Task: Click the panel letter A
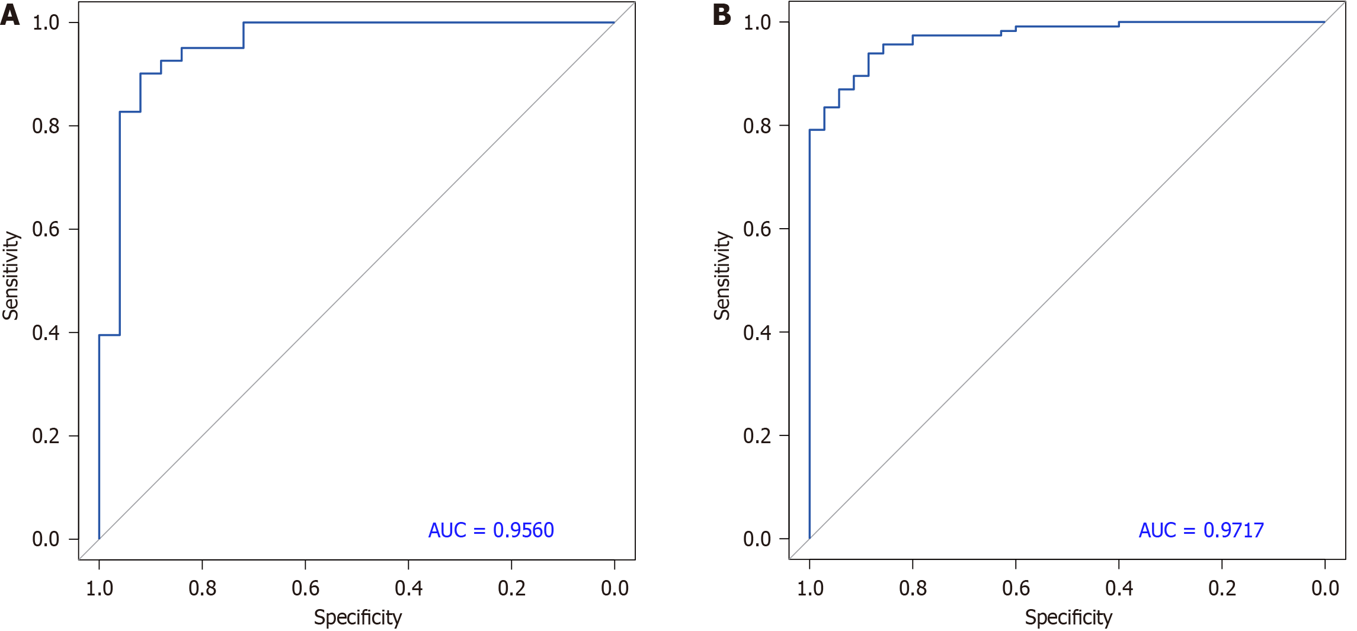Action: click(10, 14)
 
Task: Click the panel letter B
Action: click(722, 14)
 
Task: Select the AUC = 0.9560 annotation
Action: click(491, 530)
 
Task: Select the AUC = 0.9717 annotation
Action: click(1201, 530)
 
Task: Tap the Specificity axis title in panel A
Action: click(357, 617)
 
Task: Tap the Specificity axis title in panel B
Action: click(1068, 617)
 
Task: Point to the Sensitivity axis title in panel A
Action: click(11, 276)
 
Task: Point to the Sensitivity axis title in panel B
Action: click(722, 276)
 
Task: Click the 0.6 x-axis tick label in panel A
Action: click(305, 588)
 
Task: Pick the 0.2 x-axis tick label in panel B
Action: click(1222, 588)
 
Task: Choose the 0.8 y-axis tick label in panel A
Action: click(46, 126)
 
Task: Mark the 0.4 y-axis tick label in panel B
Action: click(757, 332)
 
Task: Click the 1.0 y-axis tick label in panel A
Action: click(46, 23)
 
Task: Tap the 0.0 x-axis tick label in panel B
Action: click(1325, 588)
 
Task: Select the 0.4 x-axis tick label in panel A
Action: click(408, 588)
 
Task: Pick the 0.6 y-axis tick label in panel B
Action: click(757, 229)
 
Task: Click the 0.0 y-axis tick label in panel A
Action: click(46, 539)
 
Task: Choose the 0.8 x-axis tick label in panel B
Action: click(913, 588)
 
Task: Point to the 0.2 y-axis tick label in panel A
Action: click(46, 436)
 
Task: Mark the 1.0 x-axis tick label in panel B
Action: click(809, 588)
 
